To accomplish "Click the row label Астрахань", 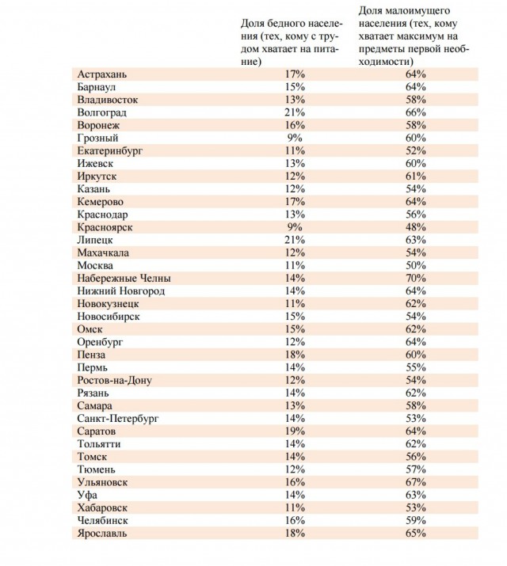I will [x=103, y=74].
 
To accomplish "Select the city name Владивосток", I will [x=108, y=100].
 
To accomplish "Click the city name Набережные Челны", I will [x=124, y=279].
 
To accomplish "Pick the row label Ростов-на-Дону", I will [x=115, y=381].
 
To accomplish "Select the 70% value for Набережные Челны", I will [x=416, y=279].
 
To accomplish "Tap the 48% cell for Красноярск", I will [x=416, y=227].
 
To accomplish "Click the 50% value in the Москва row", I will [x=416, y=265].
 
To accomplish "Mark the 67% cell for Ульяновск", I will [x=416, y=482].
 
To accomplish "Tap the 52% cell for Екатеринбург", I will [x=416, y=150].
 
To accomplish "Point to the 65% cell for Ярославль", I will [x=416, y=534].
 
